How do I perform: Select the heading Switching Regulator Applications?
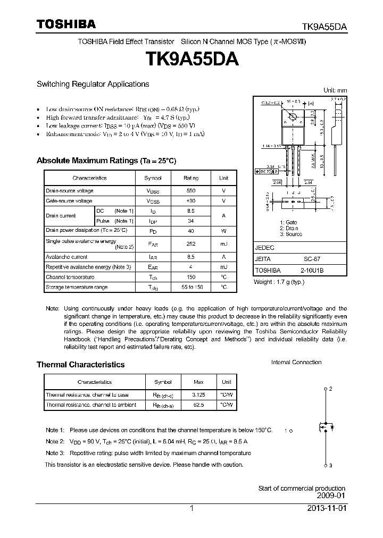pos(93,84)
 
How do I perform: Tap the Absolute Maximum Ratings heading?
pos(106,161)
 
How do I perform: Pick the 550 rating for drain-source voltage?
pos(190,190)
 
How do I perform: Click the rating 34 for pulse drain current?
pos(190,221)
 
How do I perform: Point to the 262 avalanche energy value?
pos(190,244)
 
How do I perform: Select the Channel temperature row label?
pos(70,277)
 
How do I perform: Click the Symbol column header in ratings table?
pos(153,178)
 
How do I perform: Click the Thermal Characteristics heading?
pos(80,365)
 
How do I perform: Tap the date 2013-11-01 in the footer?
pos(326,508)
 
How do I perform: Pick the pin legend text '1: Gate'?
pos(288,222)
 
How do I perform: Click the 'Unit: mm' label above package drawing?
pos(335,90)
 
